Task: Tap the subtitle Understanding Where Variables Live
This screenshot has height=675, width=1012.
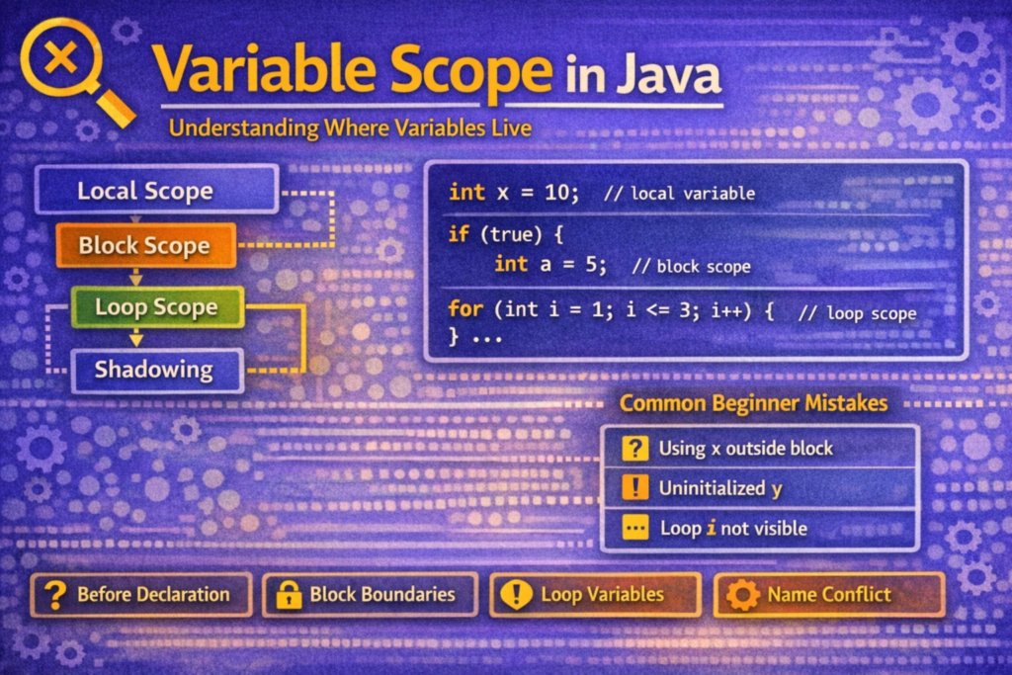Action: [x=350, y=128]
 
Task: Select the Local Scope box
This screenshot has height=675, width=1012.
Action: [x=155, y=191]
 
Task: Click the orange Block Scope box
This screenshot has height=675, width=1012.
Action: [x=145, y=245]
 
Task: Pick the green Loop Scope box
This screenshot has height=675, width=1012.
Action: [x=156, y=307]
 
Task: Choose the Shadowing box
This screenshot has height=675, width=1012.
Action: [x=155, y=371]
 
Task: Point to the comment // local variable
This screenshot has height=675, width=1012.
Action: [x=679, y=194]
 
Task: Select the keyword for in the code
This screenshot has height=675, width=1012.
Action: [x=464, y=310]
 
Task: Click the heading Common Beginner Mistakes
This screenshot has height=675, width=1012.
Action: [x=753, y=403]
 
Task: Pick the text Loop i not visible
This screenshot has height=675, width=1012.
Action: [x=733, y=529]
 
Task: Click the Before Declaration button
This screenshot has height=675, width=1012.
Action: [x=141, y=595]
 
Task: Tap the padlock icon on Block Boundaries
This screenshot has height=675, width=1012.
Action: [x=289, y=595]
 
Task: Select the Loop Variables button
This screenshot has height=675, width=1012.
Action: [x=595, y=595]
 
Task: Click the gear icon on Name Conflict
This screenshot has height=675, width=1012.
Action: [x=742, y=595]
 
